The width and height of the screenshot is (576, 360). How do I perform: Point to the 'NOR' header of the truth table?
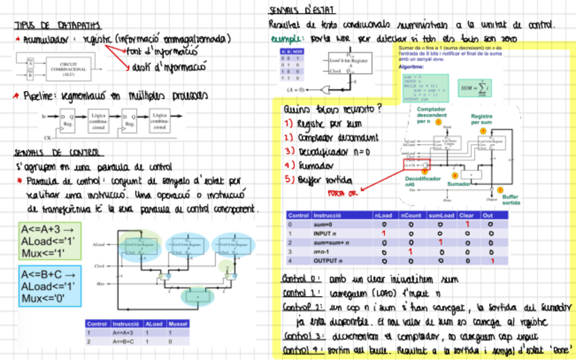(298, 52)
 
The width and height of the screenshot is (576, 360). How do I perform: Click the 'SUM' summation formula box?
(474, 88)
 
